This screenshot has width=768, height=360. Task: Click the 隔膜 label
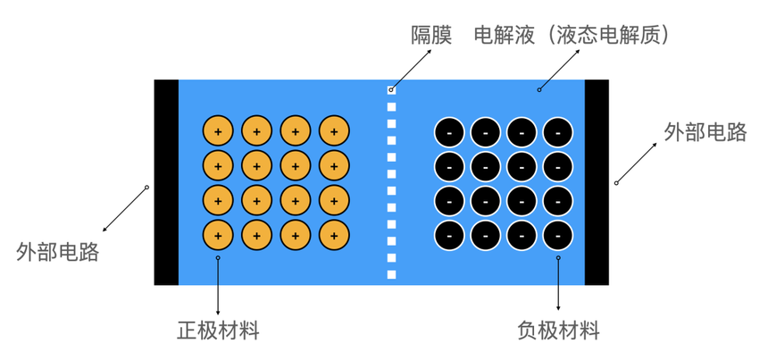(431, 36)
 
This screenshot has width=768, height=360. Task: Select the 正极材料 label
(218, 331)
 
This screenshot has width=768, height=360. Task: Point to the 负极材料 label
(559, 331)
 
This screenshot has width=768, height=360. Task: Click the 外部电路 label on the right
(705, 132)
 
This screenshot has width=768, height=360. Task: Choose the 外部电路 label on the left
(57, 251)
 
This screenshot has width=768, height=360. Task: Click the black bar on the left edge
(166, 182)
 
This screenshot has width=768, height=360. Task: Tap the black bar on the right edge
(597, 182)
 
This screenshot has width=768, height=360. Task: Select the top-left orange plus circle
(218, 131)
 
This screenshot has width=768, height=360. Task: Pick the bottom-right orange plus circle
(334, 236)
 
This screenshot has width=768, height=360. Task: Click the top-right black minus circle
(558, 133)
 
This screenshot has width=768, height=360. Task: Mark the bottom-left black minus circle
(449, 236)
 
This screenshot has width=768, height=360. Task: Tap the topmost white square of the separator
(391, 90)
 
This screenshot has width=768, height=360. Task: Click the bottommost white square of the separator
(391, 274)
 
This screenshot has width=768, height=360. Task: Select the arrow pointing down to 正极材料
(218, 286)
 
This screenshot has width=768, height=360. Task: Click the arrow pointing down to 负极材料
(558, 286)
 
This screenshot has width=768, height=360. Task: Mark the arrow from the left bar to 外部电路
(125, 209)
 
